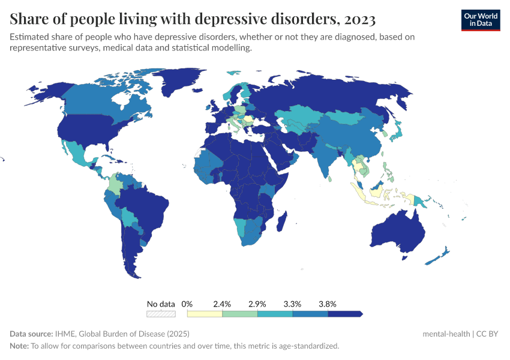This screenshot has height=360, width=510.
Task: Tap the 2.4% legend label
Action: (x=222, y=304)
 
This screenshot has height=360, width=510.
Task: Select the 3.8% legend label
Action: (x=327, y=304)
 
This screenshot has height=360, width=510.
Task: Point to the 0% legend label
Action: (x=187, y=304)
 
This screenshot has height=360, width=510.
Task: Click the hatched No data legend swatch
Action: (x=161, y=313)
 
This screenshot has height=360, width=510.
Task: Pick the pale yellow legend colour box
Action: (x=205, y=313)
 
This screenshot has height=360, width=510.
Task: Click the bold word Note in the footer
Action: (x=19, y=346)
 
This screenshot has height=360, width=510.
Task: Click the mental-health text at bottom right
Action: (x=446, y=334)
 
